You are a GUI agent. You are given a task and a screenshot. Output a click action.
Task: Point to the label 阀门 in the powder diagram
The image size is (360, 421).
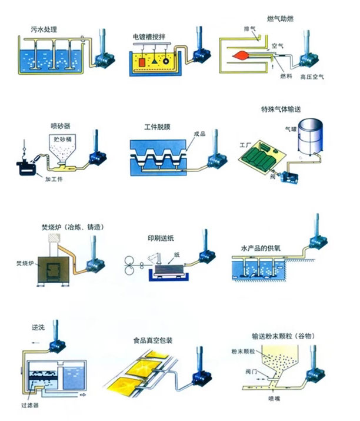254,370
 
